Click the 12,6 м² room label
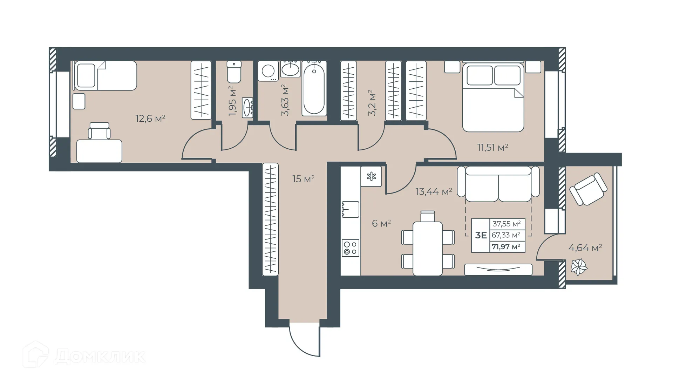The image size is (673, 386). (x=150, y=118)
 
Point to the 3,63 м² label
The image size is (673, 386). (x=285, y=100)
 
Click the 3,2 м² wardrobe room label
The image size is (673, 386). (x=372, y=103)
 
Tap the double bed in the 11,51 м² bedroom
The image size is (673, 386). (x=493, y=98)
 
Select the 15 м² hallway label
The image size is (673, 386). (x=303, y=179)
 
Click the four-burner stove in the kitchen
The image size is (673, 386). (x=350, y=248)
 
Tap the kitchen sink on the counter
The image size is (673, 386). (x=350, y=209)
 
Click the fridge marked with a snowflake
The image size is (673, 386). (x=371, y=176)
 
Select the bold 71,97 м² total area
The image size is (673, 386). (x=506, y=247)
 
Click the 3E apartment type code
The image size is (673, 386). (x=481, y=235)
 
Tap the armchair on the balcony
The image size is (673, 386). (x=588, y=189)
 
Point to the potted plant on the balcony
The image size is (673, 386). (x=579, y=268)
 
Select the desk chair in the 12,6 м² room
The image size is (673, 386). (x=99, y=131)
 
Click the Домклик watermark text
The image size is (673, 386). (x=100, y=357)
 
